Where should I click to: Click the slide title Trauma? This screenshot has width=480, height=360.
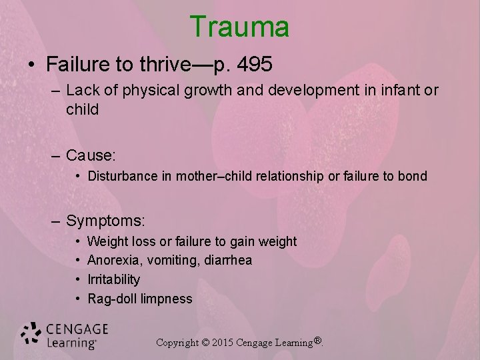coord(239,27)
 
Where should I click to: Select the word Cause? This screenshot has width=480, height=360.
coord(91,155)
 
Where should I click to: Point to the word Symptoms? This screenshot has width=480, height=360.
coord(105,220)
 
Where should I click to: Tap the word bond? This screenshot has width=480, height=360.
coord(413,177)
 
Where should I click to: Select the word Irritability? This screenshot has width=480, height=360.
coord(113,279)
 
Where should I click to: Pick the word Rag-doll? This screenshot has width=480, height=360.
coord(113,299)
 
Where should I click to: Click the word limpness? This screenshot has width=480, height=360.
coord(167,299)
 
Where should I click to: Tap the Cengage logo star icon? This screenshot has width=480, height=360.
coord(31,335)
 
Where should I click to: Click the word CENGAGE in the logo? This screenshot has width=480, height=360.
coord(77,329)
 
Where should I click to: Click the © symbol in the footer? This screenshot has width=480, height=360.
coord(205,343)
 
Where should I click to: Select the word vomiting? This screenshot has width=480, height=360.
coord(168,260)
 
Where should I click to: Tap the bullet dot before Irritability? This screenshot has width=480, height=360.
coord(78,279)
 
